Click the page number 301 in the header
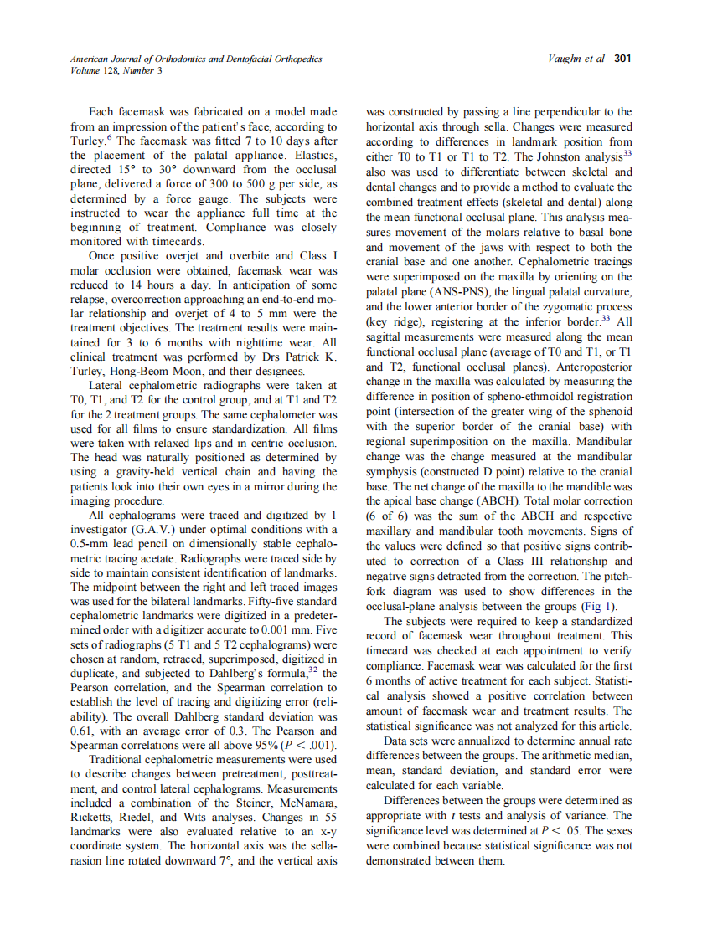pyautogui.click(x=622, y=59)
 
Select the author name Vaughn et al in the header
pyautogui.click(x=578, y=59)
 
